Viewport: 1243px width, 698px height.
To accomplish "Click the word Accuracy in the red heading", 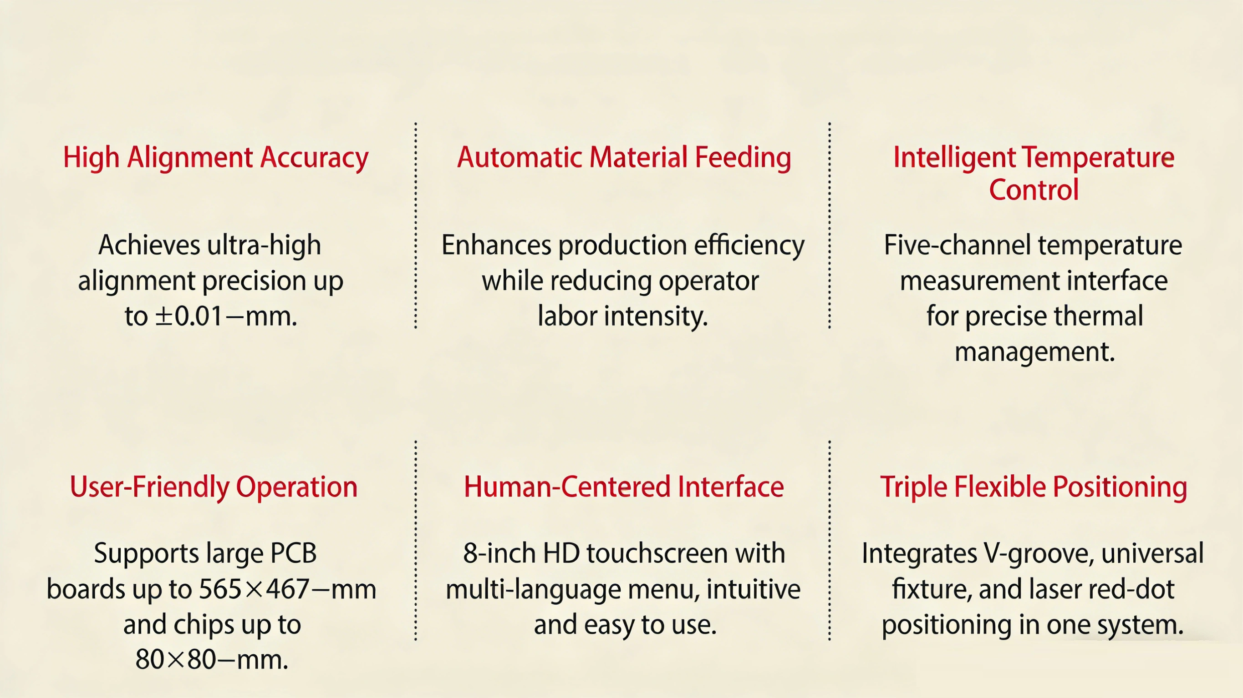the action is pos(314,158).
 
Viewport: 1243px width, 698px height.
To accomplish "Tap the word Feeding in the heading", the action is pos(743,158).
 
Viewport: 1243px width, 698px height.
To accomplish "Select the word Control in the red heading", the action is pos(1034,190).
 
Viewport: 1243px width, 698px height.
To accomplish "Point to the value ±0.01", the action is pos(188,316).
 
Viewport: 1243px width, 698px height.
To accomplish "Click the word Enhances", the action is pos(496,245).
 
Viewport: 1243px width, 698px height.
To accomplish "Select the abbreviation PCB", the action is pos(293,553).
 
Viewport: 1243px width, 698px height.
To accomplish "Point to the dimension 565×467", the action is pos(254,589).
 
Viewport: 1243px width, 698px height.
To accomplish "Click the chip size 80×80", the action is pos(175,659).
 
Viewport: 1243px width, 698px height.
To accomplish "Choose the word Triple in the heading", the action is pos(913,487).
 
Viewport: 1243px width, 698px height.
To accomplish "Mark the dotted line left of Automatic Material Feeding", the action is pos(415,226).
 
